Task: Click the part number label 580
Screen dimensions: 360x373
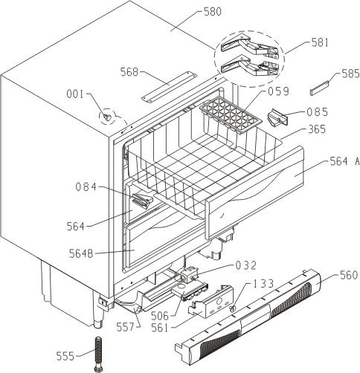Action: [x=213, y=12]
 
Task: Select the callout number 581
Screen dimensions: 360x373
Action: [x=320, y=42]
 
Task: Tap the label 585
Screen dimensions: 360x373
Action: [x=350, y=74]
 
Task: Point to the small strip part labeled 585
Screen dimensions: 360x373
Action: [x=319, y=88]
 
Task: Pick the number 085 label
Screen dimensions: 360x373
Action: [x=318, y=112]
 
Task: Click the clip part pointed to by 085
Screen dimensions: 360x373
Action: [x=277, y=117]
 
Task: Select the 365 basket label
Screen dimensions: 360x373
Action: [x=317, y=129]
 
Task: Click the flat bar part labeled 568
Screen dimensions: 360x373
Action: [x=169, y=86]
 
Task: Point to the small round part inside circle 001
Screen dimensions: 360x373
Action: [x=107, y=117]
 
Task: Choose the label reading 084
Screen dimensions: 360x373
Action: [x=86, y=186]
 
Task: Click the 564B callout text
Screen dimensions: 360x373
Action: [x=81, y=253]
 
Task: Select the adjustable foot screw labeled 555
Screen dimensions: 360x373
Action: [x=98, y=354]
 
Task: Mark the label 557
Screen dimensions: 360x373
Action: [x=126, y=328]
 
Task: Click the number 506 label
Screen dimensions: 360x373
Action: [x=160, y=316]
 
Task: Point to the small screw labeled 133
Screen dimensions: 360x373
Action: [x=233, y=309]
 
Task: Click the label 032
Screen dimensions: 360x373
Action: [x=245, y=265]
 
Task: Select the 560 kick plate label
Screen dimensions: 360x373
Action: [x=349, y=275]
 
